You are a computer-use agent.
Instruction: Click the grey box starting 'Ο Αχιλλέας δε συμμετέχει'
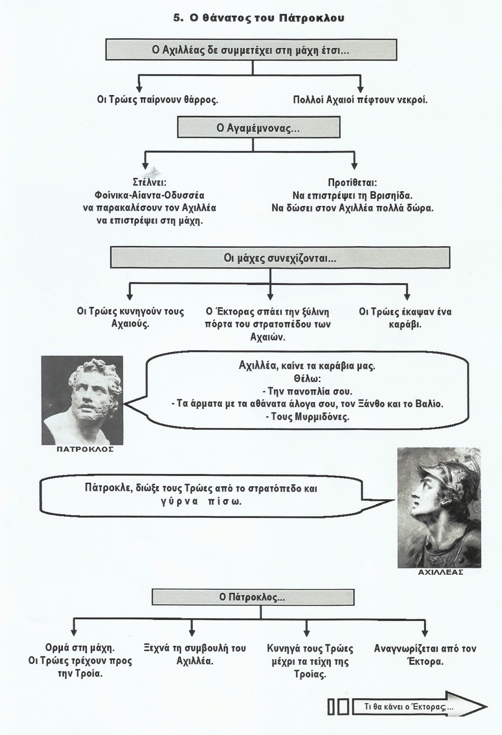pos(251,50)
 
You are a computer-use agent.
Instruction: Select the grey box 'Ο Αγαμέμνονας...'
pos(258,128)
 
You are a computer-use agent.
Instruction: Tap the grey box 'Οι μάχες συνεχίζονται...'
pos(280,257)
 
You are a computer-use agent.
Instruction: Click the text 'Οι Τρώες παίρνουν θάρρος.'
pos(158,100)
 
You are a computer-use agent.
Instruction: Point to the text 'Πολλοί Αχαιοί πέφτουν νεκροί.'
pos(360,100)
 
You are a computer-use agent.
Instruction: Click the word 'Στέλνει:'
pos(149,183)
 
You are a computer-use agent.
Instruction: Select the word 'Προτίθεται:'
pos(352,183)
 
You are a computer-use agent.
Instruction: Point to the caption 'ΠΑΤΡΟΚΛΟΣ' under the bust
pos(85,449)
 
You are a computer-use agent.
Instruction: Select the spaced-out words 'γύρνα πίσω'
pos(201,501)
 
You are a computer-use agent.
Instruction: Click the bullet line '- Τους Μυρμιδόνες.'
pos(308,417)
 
